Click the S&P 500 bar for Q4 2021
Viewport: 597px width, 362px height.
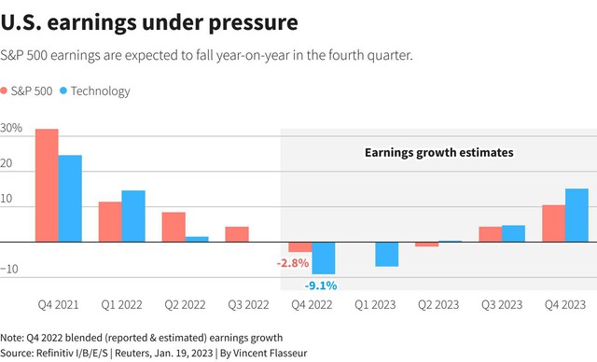[x=47, y=186]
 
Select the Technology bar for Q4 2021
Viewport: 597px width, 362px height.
[x=70, y=199]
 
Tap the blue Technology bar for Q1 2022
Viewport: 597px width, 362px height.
[x=133, y=216]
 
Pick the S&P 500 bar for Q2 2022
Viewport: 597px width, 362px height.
[x=174, y=228]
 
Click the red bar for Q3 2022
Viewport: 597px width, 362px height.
[x=237, y=234]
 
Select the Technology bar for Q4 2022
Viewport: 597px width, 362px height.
[x=324, y=258]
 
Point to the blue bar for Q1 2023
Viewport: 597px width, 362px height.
[x=387, y=255]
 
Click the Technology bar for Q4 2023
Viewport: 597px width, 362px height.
[x=576, y=216]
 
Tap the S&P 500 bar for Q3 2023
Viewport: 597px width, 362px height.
[x=491, y=234]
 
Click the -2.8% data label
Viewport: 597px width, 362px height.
[x=293, y=263]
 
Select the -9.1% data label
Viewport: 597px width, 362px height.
[x=321, y=285]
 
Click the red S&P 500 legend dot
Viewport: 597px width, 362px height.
[x=4, y=90]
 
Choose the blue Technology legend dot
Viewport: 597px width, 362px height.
[x=63, y=90]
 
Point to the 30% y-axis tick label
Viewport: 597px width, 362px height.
[x=11, y=128]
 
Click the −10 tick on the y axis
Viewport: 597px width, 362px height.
[x=9, y=269]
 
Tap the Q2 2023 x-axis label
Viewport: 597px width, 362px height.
[x=438, y=304]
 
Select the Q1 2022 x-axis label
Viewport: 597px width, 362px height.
[x=121, y=304]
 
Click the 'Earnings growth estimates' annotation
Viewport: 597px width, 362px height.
[x=439, y=153]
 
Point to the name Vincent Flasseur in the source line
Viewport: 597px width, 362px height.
[x=270, y=354]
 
